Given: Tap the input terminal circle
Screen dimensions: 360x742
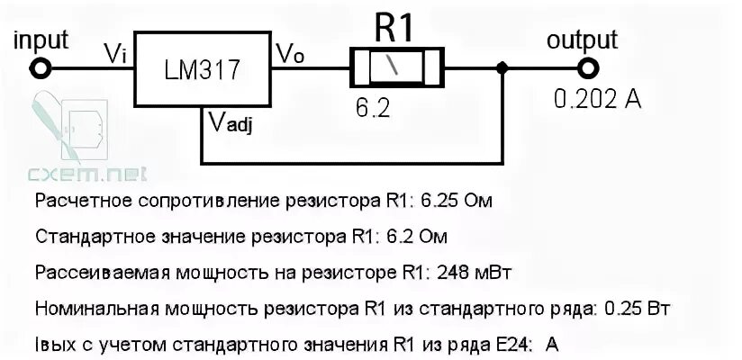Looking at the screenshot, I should tap(40, 67).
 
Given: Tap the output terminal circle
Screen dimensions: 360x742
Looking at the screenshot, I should tap(589, 67).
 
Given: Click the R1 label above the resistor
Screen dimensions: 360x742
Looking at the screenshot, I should tap(394, 27).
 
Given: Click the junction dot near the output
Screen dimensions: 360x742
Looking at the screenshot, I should tap(502, 67).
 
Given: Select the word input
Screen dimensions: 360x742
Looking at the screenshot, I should tap(42, 40).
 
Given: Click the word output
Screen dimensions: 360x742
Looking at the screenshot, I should tap(583, 40).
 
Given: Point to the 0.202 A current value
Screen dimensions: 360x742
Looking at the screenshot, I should tap(598, 100).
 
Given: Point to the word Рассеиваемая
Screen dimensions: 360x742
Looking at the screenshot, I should tap(88, 271).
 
